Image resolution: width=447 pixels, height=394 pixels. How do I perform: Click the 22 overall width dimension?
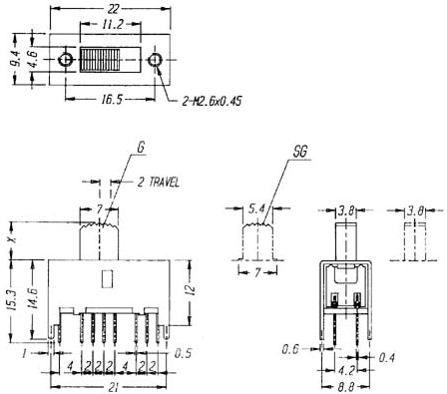tap(113, 9)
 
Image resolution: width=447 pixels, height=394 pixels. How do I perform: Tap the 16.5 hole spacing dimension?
tap(112, 99)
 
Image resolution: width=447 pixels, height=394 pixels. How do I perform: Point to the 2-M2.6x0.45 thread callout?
tap(212, 101)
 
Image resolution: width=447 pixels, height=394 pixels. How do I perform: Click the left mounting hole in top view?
tap(66, 60)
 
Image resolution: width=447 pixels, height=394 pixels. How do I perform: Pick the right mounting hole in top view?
tap(155, 60)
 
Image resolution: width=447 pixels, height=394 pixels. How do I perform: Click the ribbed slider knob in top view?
tap(100, 60)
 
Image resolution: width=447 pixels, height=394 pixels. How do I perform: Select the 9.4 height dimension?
tap(16, 59)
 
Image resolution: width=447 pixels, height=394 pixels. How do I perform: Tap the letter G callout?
tap(142, 148)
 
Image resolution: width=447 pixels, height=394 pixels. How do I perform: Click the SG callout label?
tap(300, 152)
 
